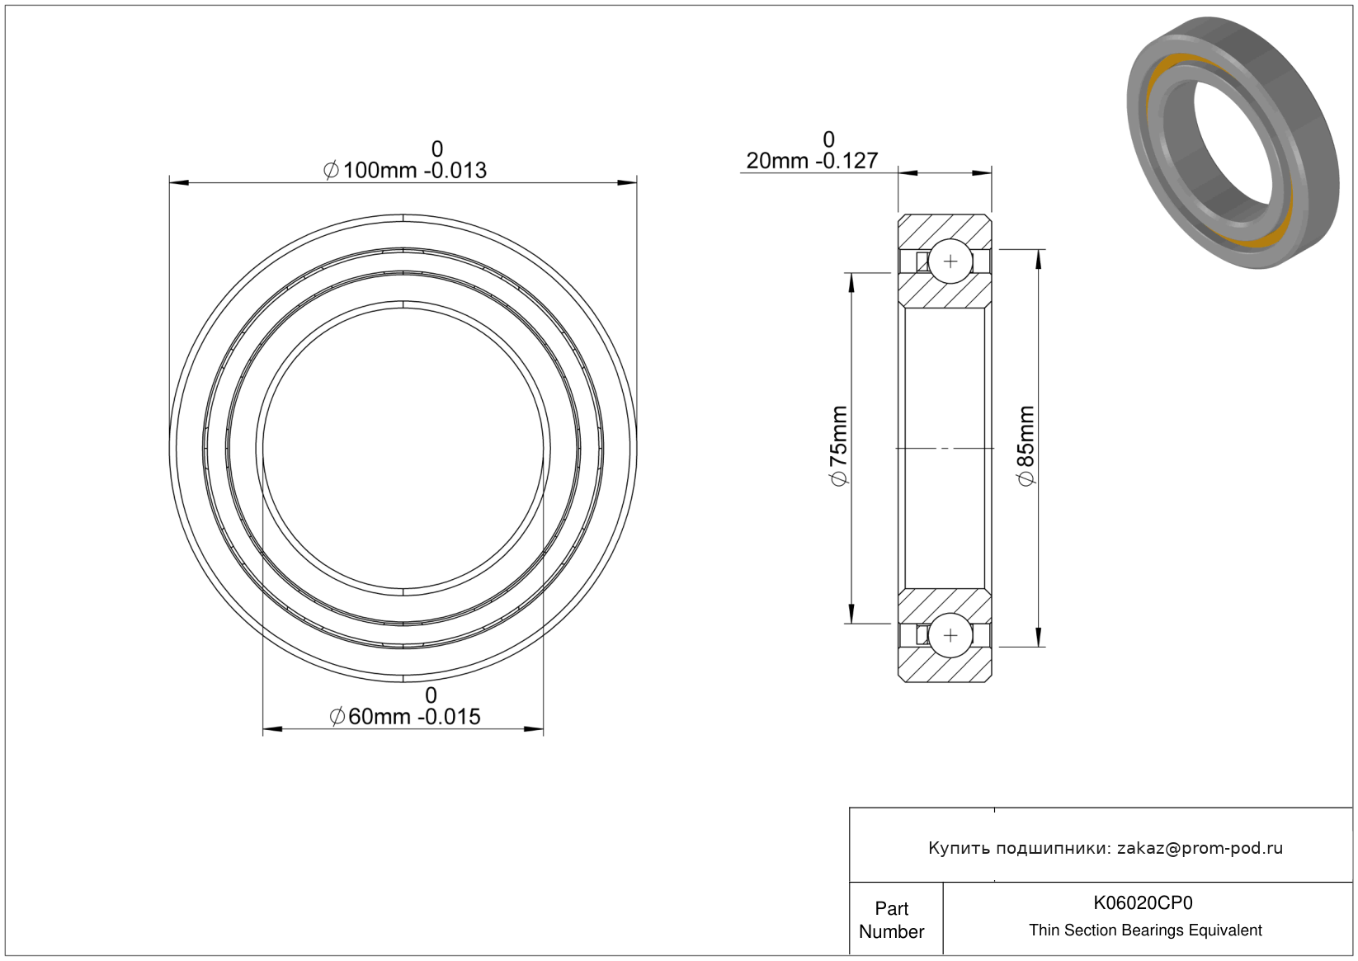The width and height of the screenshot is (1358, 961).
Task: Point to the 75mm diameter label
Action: pos(838,445)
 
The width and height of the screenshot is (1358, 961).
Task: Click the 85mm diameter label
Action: pos(1026,445)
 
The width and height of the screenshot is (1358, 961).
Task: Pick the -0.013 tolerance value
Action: pos(455,171)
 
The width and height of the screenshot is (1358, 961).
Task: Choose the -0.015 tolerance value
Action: pos(450,717)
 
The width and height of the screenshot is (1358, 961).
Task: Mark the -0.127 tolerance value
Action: pos(847,161)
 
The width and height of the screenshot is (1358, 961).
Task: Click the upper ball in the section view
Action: pos(950,261)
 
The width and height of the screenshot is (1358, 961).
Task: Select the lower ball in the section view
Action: pos(950,635)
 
